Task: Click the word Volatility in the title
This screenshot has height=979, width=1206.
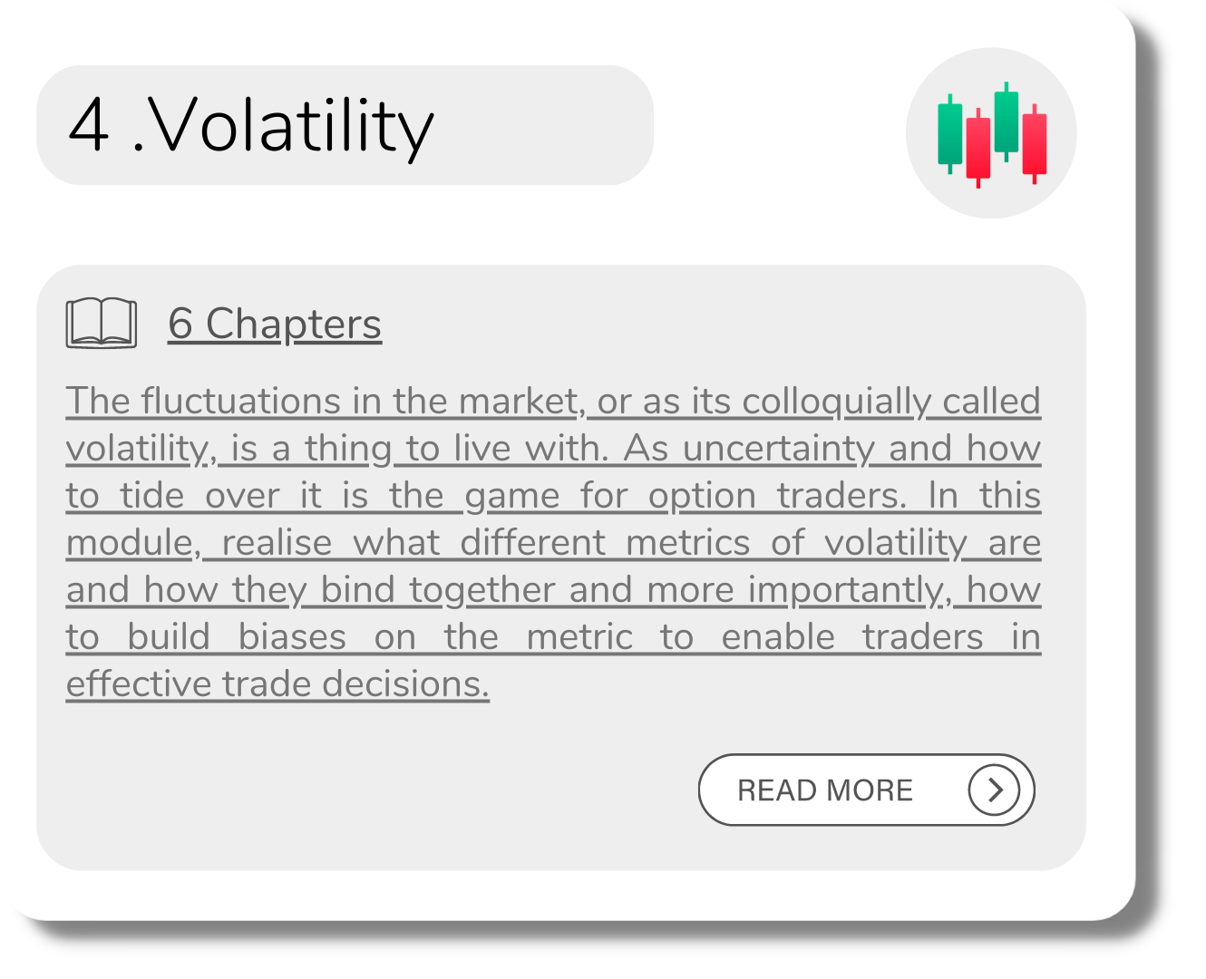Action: (289, 127)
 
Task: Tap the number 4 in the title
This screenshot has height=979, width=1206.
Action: (88, 124)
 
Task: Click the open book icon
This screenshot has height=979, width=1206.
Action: (101, 322)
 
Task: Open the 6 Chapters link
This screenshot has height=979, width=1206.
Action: (275, 324)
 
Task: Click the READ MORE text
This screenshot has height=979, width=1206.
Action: (824, 790)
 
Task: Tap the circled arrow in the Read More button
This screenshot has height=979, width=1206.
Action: (993, 790)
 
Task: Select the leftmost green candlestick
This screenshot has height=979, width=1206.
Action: (949, 134)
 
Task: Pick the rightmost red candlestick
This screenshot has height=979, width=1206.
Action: (1034, 144)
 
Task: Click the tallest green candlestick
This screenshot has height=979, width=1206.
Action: (1006, 121)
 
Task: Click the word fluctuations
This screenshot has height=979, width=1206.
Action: (240, 401)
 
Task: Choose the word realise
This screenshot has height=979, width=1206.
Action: (277, 542)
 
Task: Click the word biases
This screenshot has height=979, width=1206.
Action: (292, 636)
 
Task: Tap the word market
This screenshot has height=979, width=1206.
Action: (518, 401)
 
